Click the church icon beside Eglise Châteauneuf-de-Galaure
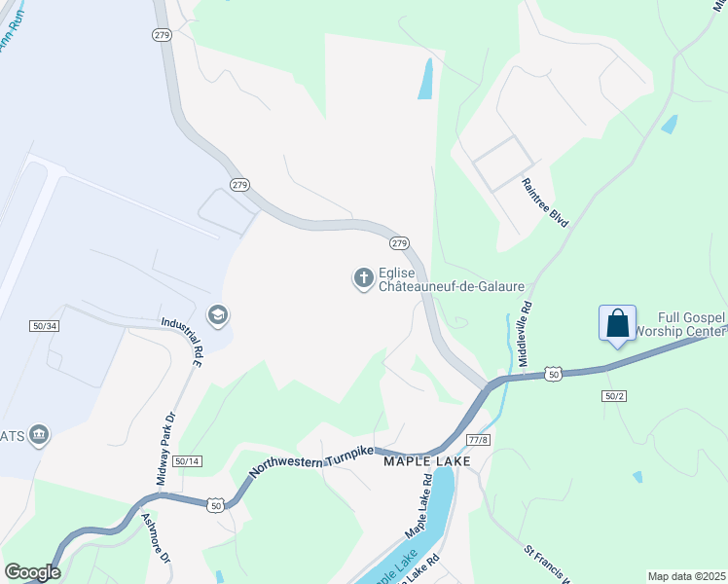[x=363, y=279]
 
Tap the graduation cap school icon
[x=217, y=315]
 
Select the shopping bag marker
[x=618, y=323]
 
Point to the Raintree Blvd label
[x=544, y=202]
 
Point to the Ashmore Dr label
[x=156, y=538]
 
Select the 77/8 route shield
[x=477, y=440]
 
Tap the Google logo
[x=32, y=571]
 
